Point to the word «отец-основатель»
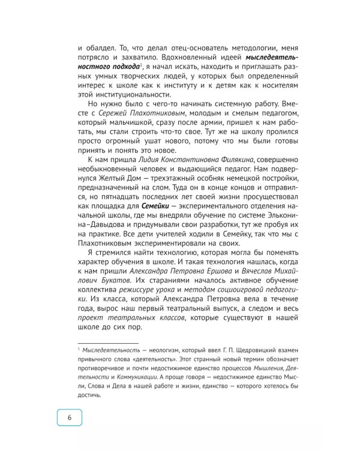[190, 46]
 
